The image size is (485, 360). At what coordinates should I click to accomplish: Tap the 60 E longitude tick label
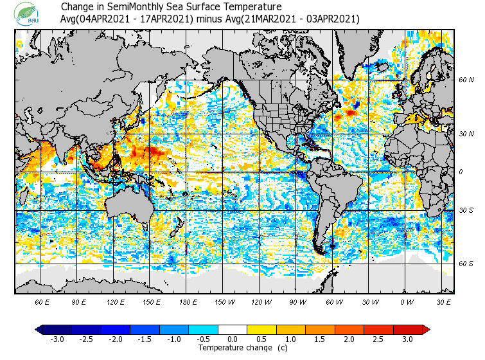coord(42,301)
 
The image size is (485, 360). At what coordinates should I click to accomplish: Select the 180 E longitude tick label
coord(188,301)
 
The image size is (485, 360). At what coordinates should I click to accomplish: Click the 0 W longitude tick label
coord(407,301)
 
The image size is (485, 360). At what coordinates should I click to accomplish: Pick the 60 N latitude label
coord(466,80)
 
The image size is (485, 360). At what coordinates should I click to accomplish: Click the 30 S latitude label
coord(466,211)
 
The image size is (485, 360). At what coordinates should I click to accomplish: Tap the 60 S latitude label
coord(466,264)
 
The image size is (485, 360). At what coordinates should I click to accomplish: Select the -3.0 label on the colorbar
coord(57,339)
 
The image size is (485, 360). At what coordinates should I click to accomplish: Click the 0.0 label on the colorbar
coord(233,339)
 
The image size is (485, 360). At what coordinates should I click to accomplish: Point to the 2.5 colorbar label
coord(378,339)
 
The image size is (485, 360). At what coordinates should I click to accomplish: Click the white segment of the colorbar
coord(233,330)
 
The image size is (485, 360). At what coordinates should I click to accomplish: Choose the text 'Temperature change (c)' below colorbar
coord(233,348)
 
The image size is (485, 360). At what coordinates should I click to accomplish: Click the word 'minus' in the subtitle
coord(209,19)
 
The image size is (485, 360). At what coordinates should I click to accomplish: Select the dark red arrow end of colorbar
coord(426,330)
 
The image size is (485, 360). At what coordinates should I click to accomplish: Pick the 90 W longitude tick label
coord(297,301)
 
